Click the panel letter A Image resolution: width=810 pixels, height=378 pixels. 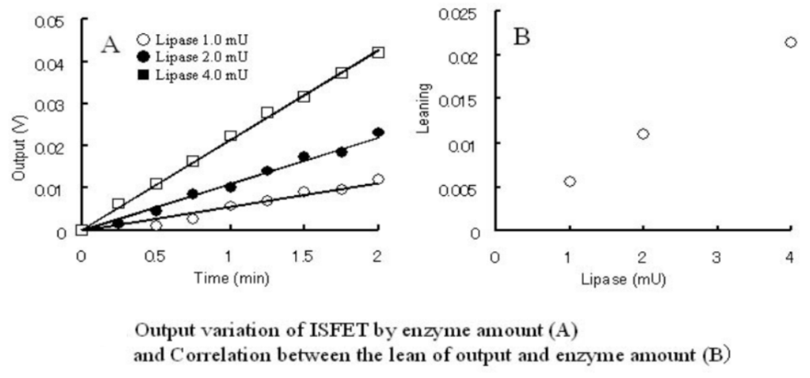(110, 45)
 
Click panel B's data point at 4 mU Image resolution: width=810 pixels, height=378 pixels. (790, 42)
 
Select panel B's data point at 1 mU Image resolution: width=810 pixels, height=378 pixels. (570, 181)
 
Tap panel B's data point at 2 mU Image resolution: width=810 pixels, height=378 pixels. (643, 134)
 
